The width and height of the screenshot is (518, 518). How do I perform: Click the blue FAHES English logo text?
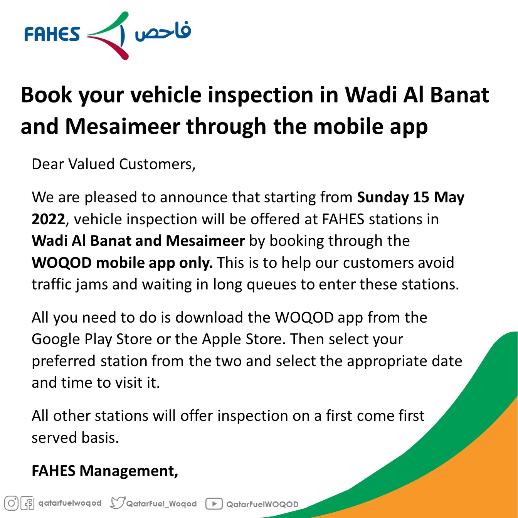click(52, 34)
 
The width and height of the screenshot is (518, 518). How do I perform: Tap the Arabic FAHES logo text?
click(163, 31)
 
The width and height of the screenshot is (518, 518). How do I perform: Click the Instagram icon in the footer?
click(11, 503)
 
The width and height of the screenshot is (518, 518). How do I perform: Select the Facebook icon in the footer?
click(28, 503)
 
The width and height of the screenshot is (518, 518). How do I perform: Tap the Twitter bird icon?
click(117, 503)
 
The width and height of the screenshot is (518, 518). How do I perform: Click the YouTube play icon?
click(214, 503)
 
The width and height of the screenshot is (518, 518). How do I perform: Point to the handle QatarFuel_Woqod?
click(161, 503)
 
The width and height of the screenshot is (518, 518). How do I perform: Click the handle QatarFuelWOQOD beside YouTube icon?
click(262, 504)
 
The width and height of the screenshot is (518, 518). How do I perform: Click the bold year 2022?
click(49, 219)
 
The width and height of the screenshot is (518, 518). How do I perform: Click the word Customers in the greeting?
click(157, 164)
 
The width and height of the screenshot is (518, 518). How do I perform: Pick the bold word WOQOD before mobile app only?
click(62, 262)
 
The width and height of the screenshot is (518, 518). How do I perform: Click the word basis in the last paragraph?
click(100, 437)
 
